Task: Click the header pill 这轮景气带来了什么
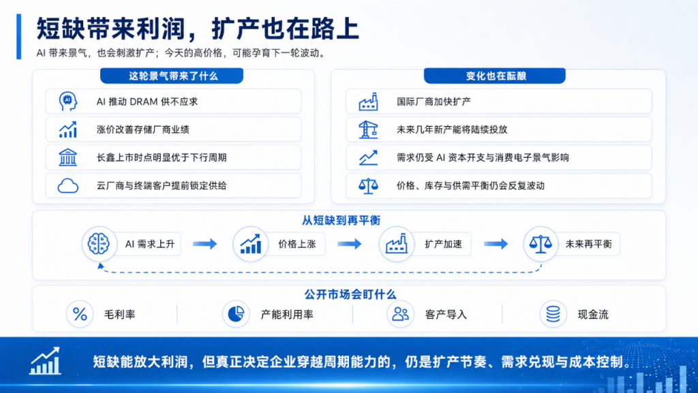172,76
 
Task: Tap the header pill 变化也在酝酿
495,76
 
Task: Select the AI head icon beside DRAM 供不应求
68,101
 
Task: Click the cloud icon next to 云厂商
68,186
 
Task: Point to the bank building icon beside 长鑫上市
67,157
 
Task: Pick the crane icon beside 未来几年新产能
368,129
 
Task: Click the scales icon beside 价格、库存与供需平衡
368,186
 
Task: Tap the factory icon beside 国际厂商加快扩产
368,101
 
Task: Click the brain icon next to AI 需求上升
99,244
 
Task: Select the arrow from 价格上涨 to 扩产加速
350,244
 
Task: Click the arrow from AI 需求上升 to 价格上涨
204,244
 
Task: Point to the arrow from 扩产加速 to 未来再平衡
496,244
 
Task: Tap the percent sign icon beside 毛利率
80,314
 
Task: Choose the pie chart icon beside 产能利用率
236,314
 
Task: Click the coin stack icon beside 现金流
553,314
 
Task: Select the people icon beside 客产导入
400,314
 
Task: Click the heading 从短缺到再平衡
341,221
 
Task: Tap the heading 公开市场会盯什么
350,294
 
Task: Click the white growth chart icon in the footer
45,360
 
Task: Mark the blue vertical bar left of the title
18,37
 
